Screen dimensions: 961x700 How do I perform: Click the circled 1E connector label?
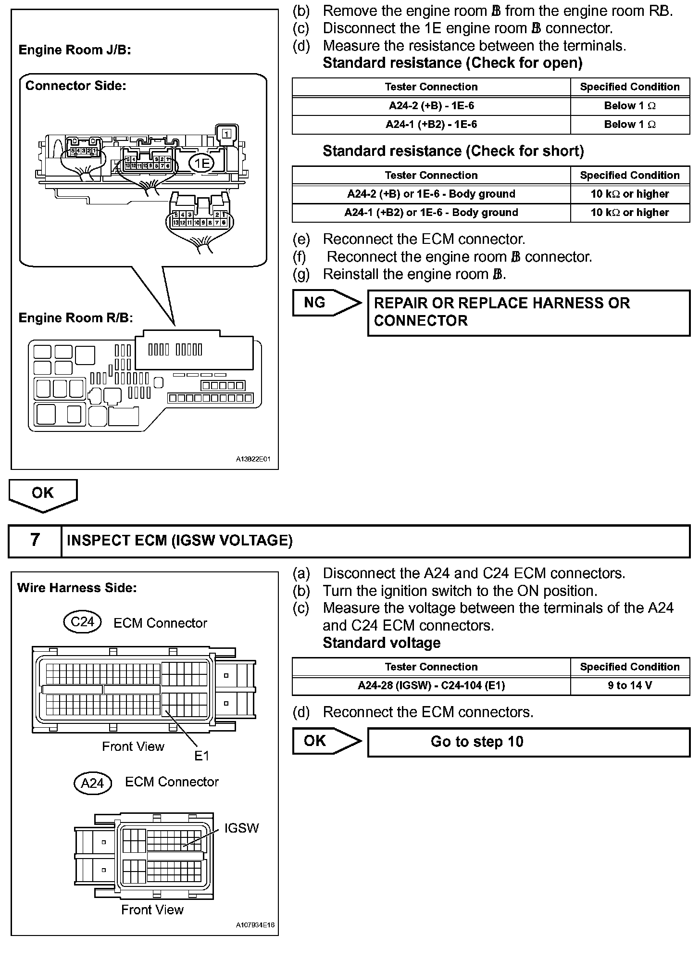[202, 164]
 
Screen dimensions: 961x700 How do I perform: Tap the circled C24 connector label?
[82, 622]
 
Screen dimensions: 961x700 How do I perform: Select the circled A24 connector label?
[92, 783]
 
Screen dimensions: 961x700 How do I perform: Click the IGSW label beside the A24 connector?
[241, 828]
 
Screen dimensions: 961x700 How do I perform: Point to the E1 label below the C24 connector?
[202, 756]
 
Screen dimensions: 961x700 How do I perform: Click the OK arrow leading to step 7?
[43, 494]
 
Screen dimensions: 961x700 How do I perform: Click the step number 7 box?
[35, 541]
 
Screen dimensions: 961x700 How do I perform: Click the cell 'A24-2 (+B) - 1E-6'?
[431, 106]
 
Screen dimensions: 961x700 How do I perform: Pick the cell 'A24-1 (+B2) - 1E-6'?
[431, 125]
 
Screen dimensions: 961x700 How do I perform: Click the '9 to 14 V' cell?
[630, 685]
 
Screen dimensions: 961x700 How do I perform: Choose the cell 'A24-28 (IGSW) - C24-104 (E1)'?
[431, 685]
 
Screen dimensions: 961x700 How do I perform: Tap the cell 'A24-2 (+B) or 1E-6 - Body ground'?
[431, 194]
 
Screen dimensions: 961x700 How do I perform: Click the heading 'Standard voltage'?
[381, 643]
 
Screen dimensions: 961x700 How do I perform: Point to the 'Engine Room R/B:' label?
[75, 318]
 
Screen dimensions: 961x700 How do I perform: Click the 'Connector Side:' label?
[75, 86]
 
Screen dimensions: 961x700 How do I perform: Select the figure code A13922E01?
[253, 459]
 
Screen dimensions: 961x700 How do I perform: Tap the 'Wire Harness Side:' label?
[77, 588]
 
